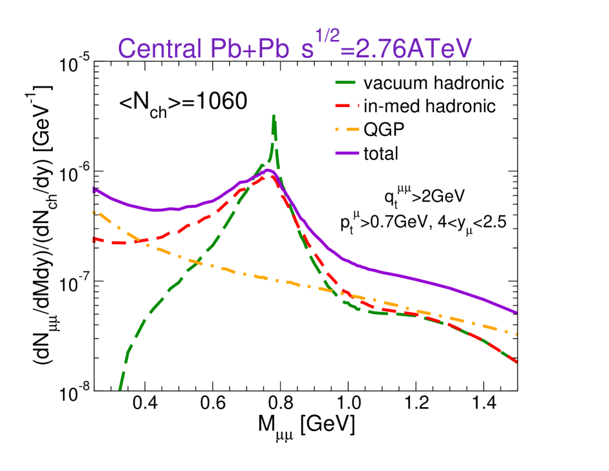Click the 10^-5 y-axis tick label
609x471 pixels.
75,64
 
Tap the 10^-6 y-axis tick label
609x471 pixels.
75,173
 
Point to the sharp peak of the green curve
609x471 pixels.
274,116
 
